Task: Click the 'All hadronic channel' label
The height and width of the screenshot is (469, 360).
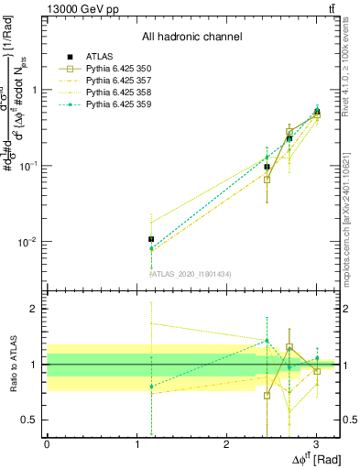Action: coord(191,38)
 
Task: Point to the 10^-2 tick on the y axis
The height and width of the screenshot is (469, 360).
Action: coord(30,243)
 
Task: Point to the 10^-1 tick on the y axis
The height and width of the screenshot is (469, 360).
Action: coord(30,166)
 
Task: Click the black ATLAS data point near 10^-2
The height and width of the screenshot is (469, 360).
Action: coord(151,239)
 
